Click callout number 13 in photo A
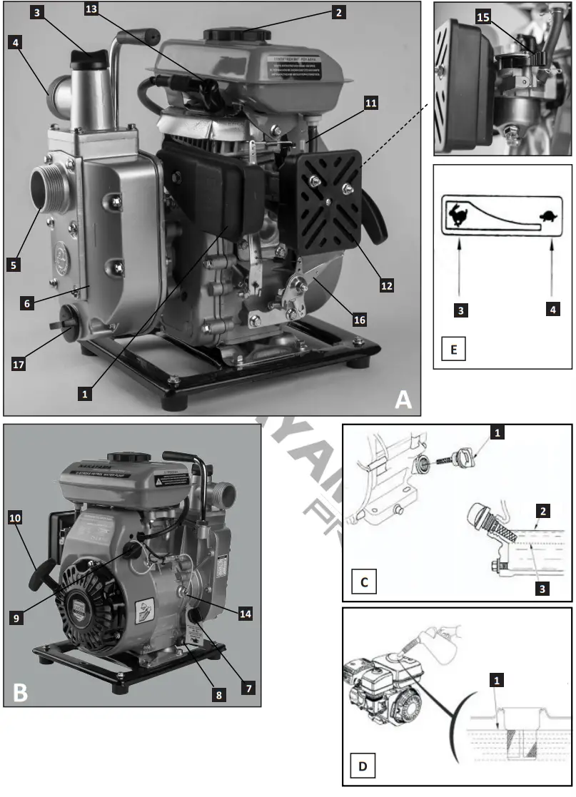[91, 9]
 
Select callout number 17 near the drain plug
[22, 363]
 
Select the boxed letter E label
[454, 350]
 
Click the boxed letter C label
[364, 582]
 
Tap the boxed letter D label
[363, 768]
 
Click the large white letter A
[403, 400]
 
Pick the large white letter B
[20, 691]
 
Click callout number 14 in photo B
[245, 613]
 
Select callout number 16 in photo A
[359, 320]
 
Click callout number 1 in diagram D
[496, 682]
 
